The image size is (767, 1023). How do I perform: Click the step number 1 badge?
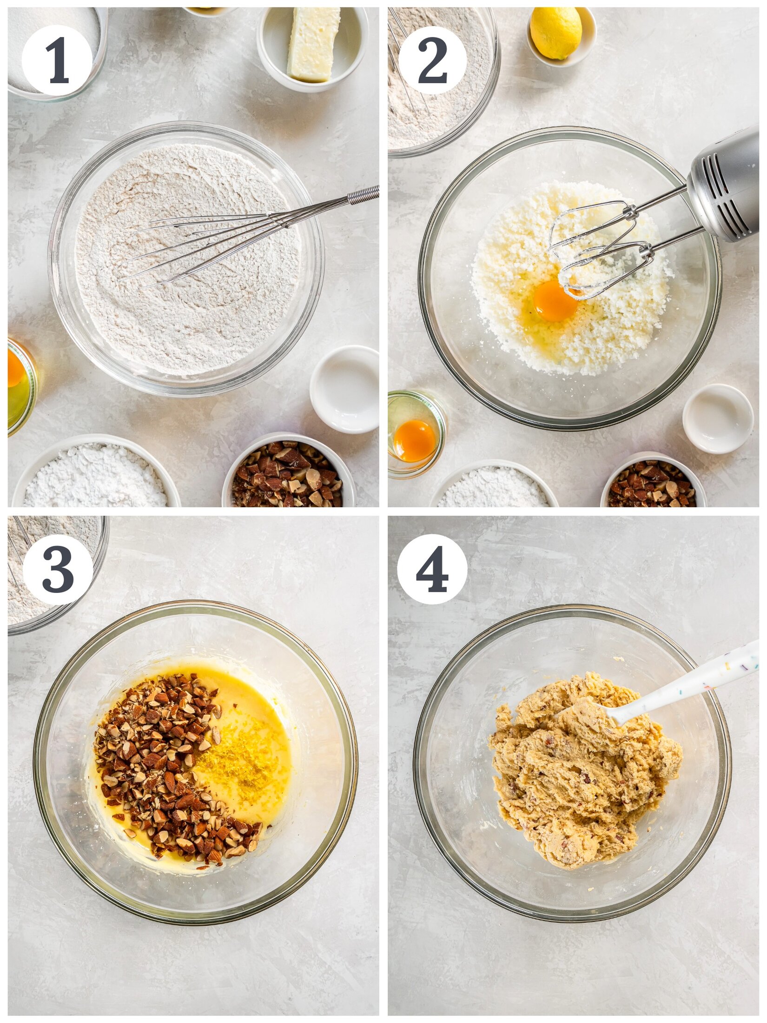point(57,60)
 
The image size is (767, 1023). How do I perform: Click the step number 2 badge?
point(432,60)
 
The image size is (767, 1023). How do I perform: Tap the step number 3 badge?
point(58,570)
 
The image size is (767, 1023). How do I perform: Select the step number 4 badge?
point(432,570)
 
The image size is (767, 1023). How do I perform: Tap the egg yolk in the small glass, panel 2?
point(414,440)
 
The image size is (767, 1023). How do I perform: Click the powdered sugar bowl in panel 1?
point(95,477)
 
